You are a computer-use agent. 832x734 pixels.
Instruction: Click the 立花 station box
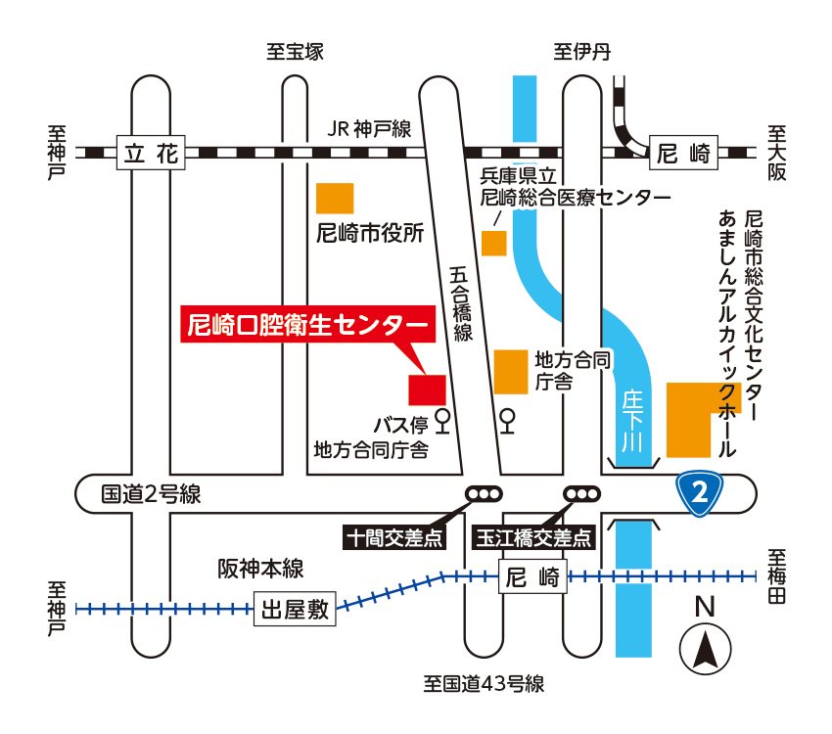151,153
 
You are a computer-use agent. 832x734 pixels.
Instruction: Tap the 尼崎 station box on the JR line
683,153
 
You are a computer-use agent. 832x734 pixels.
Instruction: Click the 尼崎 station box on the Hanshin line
533,575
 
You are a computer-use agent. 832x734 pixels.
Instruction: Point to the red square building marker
427,389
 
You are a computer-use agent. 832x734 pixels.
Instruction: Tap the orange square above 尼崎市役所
335,198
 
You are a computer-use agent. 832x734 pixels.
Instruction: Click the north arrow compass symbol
705,649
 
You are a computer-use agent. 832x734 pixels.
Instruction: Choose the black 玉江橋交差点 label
534,537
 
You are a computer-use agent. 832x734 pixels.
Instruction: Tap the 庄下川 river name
633,421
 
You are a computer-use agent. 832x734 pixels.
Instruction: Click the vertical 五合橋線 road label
461,304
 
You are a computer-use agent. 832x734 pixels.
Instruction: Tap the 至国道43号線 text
484,684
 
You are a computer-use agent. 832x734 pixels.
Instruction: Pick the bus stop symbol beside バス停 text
442,422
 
